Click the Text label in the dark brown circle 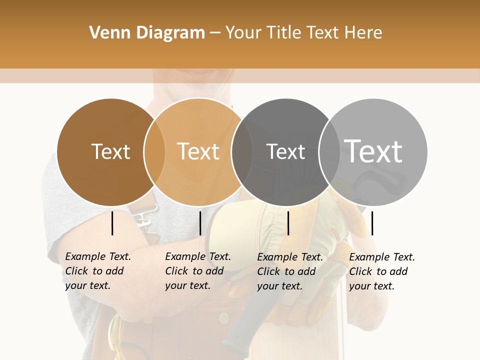110,151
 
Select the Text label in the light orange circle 198,151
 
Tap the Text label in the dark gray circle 285,151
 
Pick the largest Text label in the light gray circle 373,151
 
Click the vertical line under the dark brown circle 112,223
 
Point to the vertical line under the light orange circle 200,223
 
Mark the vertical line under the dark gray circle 288,223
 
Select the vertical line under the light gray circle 372,223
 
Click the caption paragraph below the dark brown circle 97,271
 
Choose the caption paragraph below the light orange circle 197,271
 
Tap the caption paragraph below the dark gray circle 289,271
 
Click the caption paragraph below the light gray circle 381,271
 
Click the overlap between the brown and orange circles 154,151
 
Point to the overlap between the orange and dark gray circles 242,151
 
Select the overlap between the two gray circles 329,151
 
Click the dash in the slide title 215,33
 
